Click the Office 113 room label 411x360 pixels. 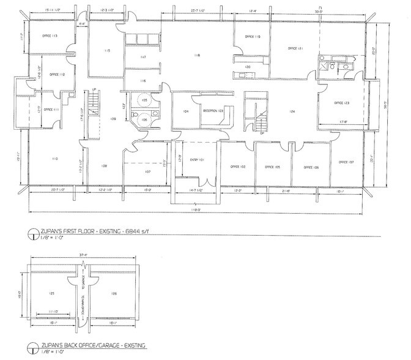(x=50, y=36)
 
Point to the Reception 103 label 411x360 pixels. (x=213, y=111)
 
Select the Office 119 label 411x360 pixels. (x=253, y=37)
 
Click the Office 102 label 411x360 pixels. (x=237, y=167)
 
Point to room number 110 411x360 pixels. (x=54, y=159)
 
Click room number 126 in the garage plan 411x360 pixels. (x=114, y=293)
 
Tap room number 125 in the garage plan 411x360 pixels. (x=53, y=293)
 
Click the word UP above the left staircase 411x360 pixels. (x=94, y=90)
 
